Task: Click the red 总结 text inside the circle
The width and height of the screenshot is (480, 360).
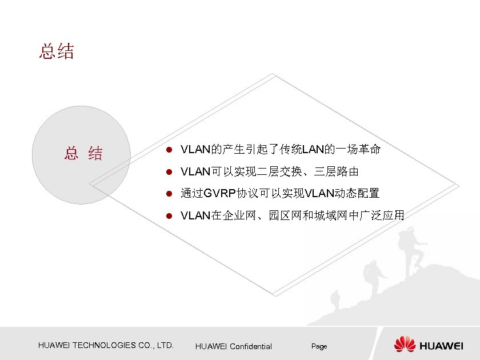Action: tap(83, 153)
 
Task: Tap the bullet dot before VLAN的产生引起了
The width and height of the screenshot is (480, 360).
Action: tap(169, 150)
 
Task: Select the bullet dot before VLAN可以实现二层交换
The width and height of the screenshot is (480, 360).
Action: tap(169, 172)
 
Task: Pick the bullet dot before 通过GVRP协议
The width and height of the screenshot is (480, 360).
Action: tap(169, 194)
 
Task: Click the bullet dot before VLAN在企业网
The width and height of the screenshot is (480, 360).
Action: tap(169, 216)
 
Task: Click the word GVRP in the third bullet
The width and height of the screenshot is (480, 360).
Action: tap(219, 194)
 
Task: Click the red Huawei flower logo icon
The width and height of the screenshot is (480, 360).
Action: tap(405, 345)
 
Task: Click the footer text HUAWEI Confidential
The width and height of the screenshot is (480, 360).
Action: tap(233, 346)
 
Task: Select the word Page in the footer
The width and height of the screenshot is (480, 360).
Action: tap(319, 346)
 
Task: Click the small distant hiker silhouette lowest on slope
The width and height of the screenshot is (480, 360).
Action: tap(337, 297)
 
